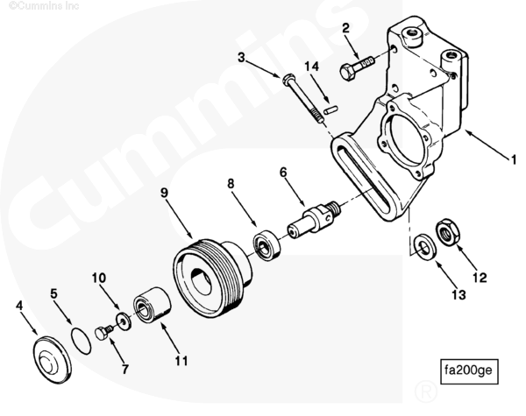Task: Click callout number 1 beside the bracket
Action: click(x=513, y=160)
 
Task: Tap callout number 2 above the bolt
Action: click(x=346, y=29)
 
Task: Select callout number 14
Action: click(x=310, y=67)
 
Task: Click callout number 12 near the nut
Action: click(x=480, y=279)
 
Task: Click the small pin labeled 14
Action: click(x=331, y=109)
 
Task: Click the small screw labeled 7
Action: click(x=103, y=332)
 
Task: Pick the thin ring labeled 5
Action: click(x=80, y=338)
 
